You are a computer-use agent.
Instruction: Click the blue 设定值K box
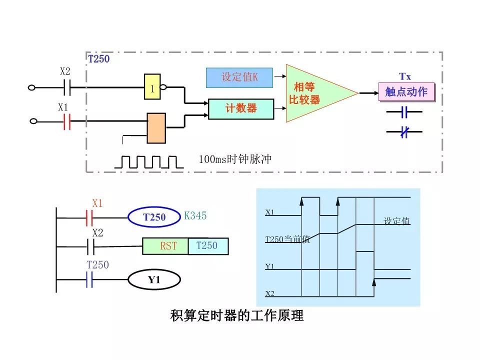point(239,77)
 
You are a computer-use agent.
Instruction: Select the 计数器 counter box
point(241,108)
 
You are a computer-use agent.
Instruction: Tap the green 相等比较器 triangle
point(312,93)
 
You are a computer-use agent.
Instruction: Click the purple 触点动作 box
point(406,92)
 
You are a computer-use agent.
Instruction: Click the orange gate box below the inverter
point(156,128)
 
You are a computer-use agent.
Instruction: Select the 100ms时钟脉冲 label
point(234,159)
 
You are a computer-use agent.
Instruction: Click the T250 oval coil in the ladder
point(154,217)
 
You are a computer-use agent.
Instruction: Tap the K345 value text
point(195,216)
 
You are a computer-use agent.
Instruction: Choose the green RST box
point(165,246)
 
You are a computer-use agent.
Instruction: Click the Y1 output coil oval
point(154,279)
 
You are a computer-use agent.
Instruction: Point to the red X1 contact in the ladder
point(90,217)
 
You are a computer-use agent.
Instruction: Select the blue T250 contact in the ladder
point(90,279)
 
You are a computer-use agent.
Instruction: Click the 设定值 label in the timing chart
point(396,221)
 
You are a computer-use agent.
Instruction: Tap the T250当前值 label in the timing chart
point(287,239)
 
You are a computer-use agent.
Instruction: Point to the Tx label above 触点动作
point(404,76)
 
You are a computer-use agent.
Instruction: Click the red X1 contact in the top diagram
point(66,121)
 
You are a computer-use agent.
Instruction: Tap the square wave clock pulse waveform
point(148,161)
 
